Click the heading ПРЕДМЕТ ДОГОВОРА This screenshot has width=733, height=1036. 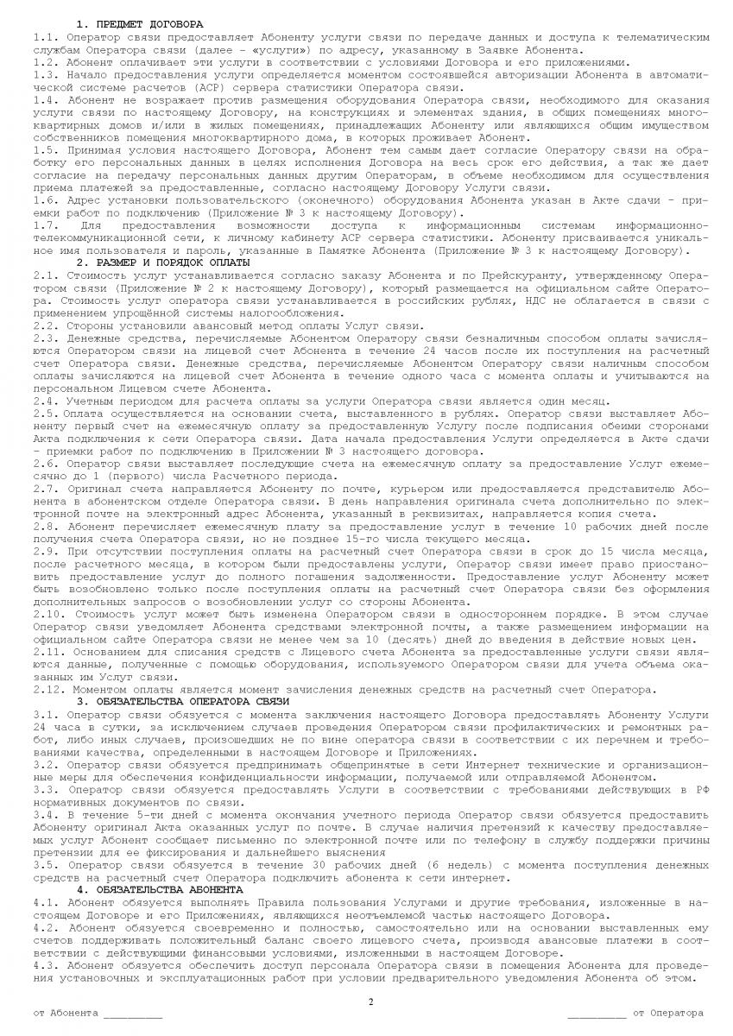(x=147, y=24)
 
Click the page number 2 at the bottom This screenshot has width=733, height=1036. (x=370, y=1001)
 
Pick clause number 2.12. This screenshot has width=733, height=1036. (x=47, y=689)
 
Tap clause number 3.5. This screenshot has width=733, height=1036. (x=44, y=863)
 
